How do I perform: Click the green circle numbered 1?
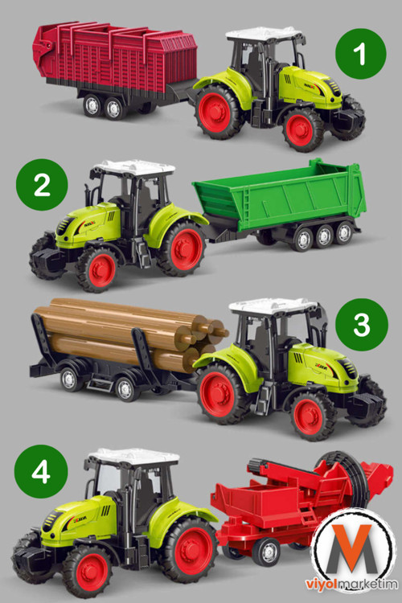[360, 53]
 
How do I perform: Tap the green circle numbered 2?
[42, 185]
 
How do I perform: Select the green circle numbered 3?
[362, 325]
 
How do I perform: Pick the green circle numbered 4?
[41, 471]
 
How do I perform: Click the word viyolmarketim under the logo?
[352, 585]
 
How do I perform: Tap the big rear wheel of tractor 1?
[219, 112]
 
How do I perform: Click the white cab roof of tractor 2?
[133, 168]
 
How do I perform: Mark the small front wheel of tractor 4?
[89, 572]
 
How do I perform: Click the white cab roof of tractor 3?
[272, 306]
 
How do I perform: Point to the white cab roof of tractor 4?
[133, 457]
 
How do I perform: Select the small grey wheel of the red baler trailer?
[267, 552]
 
